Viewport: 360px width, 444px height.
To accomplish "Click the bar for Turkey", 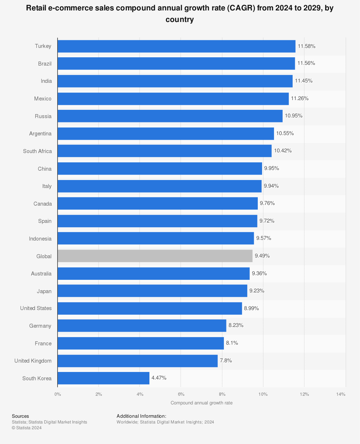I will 176,46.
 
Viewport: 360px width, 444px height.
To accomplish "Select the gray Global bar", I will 155,256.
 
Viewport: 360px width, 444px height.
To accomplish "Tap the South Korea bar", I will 103,378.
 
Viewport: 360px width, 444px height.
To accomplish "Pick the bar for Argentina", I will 166,134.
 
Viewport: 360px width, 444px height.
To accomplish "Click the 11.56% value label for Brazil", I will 306,63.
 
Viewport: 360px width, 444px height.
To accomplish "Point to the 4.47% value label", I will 159,378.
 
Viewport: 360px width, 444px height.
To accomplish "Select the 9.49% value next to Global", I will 262,256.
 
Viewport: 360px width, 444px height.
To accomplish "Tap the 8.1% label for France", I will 232,343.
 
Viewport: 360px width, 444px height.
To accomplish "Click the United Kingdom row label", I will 33,361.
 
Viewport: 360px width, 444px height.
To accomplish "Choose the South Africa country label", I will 37,151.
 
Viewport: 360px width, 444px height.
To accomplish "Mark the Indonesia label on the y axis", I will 40,239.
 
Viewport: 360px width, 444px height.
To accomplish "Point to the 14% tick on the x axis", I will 341,394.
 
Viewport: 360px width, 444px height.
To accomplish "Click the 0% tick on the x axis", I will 58,394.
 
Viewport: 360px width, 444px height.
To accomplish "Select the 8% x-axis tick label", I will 222,394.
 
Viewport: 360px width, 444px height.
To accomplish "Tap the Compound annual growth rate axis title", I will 202,403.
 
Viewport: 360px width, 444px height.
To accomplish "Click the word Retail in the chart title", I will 37,8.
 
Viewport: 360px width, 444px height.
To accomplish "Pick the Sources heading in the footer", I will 20,416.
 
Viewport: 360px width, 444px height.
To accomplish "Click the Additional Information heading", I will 141,416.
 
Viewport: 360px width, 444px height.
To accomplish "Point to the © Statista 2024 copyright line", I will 27,428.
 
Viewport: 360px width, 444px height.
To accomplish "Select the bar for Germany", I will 142,326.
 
